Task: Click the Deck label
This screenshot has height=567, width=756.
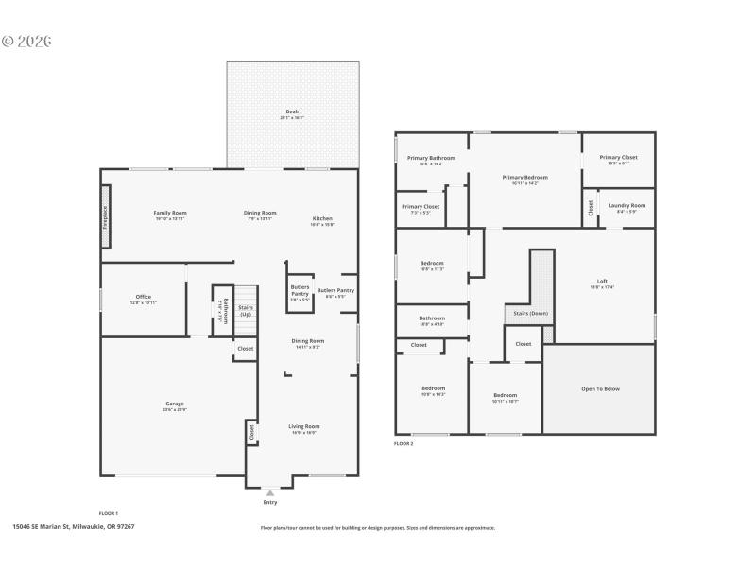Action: click(292, 112)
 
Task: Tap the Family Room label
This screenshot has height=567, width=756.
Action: click(170, 213)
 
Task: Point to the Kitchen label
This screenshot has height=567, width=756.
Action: click(322, 218)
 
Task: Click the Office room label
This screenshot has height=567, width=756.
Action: click(143, 297)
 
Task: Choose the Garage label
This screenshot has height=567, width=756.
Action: click(175, 404)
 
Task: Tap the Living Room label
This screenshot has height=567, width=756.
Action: click(303, 426)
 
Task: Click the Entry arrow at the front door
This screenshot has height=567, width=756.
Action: click(270, 492)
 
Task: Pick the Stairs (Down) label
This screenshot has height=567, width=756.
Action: click(530, 313)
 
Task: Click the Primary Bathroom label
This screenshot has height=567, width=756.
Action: click(431, 158)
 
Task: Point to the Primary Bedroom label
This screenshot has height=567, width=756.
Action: click(524, 177)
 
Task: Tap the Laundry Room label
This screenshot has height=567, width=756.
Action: click(627, 205)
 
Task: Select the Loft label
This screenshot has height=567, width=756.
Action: click(602, 281)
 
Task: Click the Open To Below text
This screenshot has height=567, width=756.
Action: click(599, 388)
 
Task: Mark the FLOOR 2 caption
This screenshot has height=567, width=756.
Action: click(404, 442)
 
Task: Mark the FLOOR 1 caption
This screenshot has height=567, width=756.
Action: click(109, 513)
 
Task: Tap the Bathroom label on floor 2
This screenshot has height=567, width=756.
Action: click(432, 318)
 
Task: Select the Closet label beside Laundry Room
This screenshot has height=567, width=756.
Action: click(591, 207)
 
